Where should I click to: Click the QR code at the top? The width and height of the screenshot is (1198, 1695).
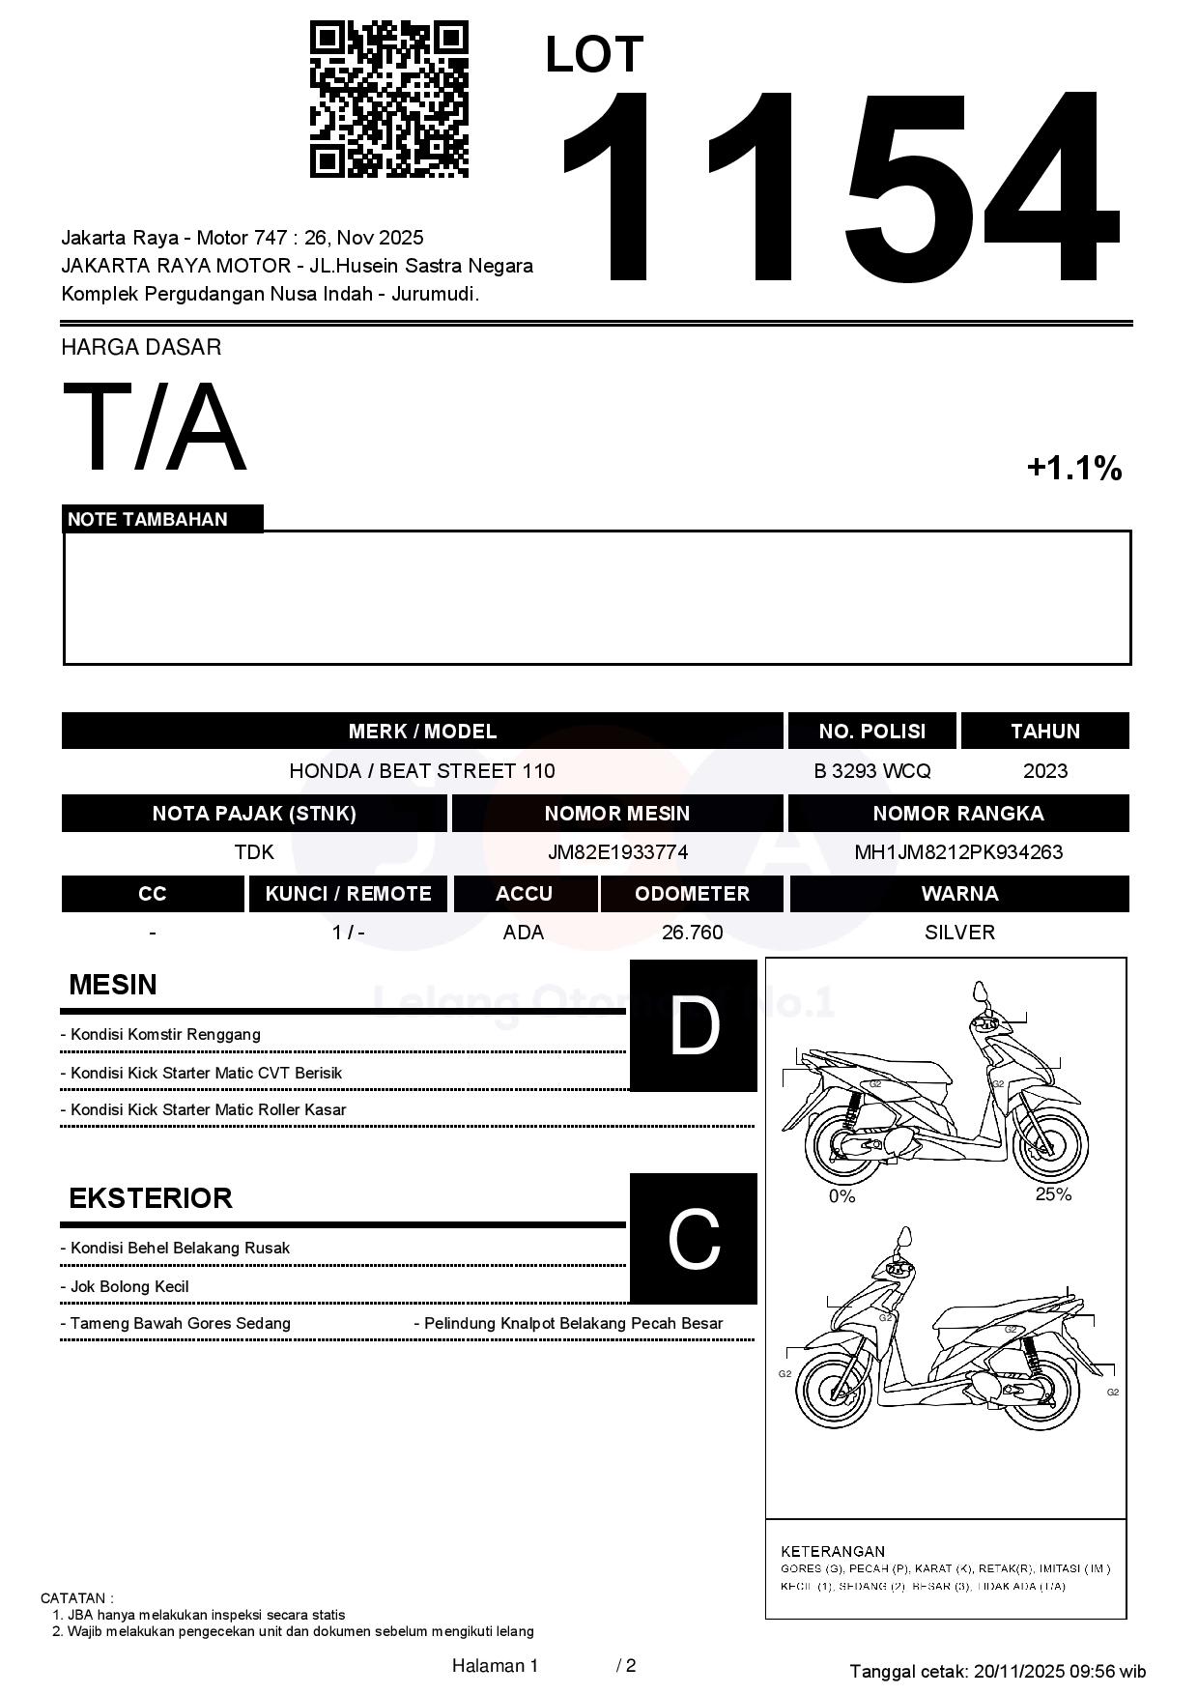pos(388,100)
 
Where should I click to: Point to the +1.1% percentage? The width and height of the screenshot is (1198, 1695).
pos(1073,469)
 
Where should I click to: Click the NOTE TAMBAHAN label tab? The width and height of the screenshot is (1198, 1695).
pos(148,519)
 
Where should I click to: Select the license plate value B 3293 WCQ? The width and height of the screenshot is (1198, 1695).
pos(871,771)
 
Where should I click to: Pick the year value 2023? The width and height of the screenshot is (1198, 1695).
pos(1044,771)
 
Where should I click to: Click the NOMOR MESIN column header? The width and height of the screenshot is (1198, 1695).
pos(616,814)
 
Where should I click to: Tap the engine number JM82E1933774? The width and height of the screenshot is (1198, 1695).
pos(617,852)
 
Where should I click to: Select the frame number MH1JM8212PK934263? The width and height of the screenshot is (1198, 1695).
pos(957,852)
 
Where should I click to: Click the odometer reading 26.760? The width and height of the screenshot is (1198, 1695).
pos(692,933)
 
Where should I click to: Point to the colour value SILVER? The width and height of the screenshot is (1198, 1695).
pos(958,933)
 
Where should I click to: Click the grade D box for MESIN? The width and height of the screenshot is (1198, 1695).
pos(693,1025)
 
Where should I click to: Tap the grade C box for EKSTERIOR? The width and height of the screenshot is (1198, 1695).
pos(693,1238)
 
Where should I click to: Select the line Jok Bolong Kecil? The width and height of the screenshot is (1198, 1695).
pos(129,1286)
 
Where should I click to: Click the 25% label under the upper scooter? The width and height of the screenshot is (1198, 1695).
pos(1053,1194)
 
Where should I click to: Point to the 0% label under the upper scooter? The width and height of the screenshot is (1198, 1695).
pos(841,1196)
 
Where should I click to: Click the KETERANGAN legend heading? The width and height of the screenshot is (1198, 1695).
pos(832,1551)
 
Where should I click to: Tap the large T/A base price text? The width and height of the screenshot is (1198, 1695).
pos(155,428)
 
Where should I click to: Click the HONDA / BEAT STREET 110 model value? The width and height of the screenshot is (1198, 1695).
pos(422,771)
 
